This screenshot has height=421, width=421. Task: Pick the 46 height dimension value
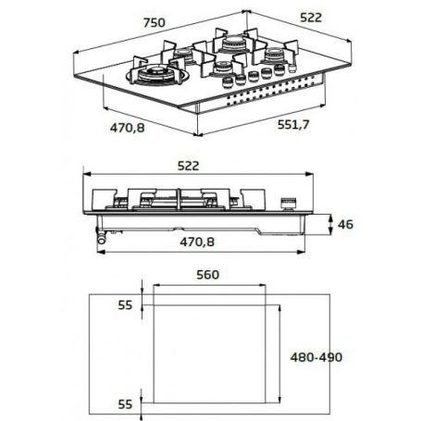tap(345, 224)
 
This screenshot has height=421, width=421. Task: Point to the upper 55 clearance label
tap(126, 304)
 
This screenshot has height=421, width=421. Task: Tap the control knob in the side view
tap(286, 201)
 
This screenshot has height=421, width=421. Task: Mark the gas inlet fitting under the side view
tap(99, 239)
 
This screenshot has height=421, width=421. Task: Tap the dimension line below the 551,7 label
tap(278, 136)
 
